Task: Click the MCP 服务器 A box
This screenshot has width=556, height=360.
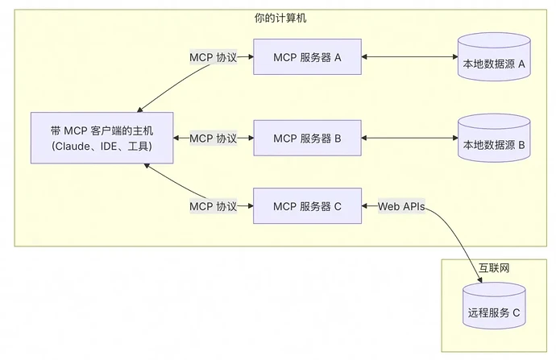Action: click(x=307, y=57)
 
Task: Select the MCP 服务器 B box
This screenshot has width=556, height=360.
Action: click(x=307, y=138)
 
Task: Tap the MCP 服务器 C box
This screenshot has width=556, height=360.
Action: click(x=307, y=206)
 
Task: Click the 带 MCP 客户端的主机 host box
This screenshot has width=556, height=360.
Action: click(x=101, y=138)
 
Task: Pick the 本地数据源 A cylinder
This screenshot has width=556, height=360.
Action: click(x=494, y=58)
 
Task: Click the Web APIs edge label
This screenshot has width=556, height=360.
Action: click(x=401, y=206)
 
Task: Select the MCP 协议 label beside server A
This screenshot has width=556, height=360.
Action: click(x=213, y=57)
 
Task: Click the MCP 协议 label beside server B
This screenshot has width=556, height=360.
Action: click(x=213, y=138)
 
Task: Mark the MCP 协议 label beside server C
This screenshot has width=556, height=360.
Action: click(x=213, y=206)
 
